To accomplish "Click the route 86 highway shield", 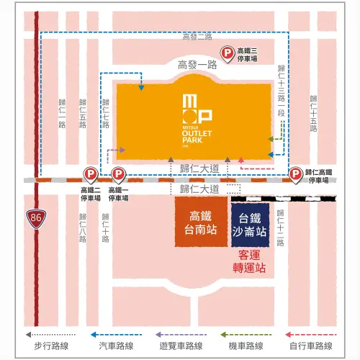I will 35,217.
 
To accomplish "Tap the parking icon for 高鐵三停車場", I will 226,53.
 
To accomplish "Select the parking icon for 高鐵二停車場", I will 91,174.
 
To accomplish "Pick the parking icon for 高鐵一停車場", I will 118,174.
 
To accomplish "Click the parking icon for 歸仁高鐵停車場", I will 295,174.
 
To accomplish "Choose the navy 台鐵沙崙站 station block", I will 250,223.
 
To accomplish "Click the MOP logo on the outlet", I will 196,107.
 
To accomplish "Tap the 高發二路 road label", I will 198,36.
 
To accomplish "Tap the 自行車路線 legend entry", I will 313,346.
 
